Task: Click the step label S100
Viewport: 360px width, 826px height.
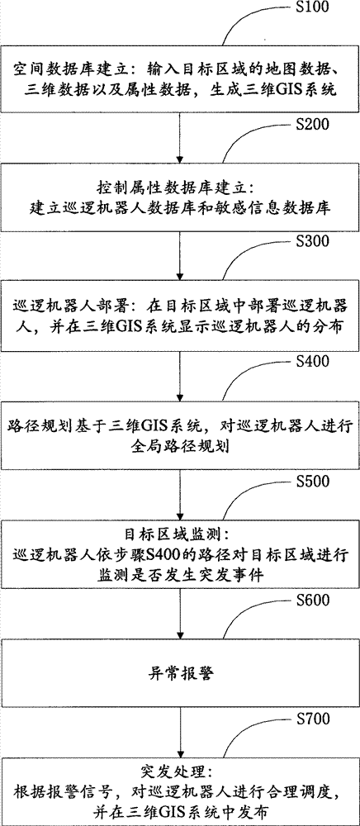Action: click(312, 8)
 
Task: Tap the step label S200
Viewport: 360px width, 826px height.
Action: click(312, 125)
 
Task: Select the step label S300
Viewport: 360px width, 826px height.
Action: click(312, 242)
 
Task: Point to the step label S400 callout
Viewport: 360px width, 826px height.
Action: click(312, 362)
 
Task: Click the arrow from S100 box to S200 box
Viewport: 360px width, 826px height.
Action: click(180, 137)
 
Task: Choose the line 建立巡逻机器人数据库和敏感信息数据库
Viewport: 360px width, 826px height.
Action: click(180, 208)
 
